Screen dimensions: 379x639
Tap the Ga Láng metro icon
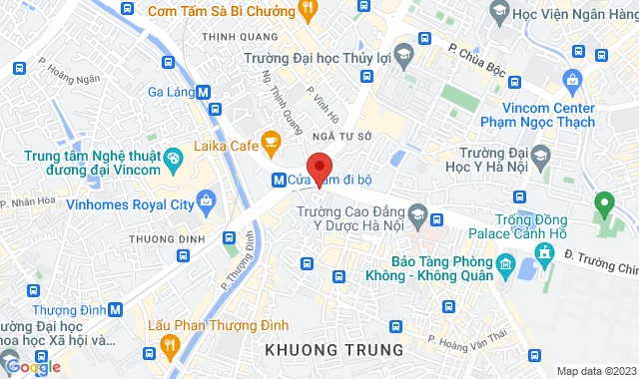point(204,91)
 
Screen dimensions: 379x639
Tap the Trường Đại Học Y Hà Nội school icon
point(540,158)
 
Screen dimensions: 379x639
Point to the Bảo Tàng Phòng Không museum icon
point(502,266)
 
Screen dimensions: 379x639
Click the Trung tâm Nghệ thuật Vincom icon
point(173,157)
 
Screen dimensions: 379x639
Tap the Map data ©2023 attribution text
point(595,371)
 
